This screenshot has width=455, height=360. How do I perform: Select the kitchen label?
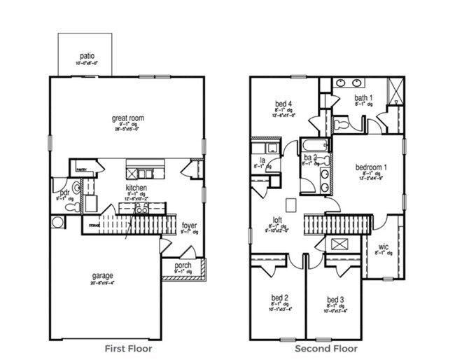(136, 188)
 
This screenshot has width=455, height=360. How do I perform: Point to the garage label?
(102, 275)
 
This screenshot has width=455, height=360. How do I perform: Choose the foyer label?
(189, 226)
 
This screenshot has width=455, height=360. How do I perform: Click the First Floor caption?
(128, 348)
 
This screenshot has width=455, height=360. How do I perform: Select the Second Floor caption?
(326, 348)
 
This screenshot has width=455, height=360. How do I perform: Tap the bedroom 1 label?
(370, 168)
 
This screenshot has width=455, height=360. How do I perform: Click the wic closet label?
(382, 247)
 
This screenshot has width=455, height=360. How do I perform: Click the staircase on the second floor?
(336, 226)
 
